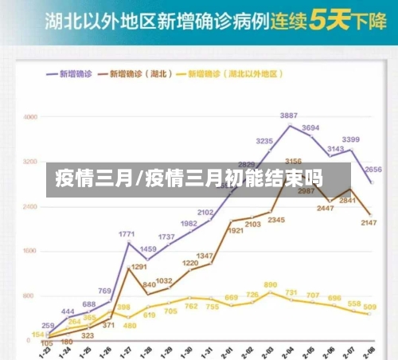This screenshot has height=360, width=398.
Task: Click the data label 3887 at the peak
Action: [288, 116]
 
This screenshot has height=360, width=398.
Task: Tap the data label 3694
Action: [310, 128]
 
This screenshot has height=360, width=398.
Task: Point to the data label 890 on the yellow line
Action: [271, 284]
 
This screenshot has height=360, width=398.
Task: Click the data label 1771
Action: [127, 234]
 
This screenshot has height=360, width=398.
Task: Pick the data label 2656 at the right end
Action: [373, 169]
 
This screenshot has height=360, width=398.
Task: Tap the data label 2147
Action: [368, 223]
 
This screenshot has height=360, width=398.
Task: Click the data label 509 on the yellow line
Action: [369, 307]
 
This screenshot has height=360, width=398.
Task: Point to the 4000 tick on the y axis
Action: [30, 117]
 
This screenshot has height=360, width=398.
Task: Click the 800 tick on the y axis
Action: [30, 296]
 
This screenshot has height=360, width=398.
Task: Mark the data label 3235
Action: [265, 141]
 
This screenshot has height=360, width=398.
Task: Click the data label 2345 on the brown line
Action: [275, 220]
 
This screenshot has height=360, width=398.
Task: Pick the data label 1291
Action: [139, 268]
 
